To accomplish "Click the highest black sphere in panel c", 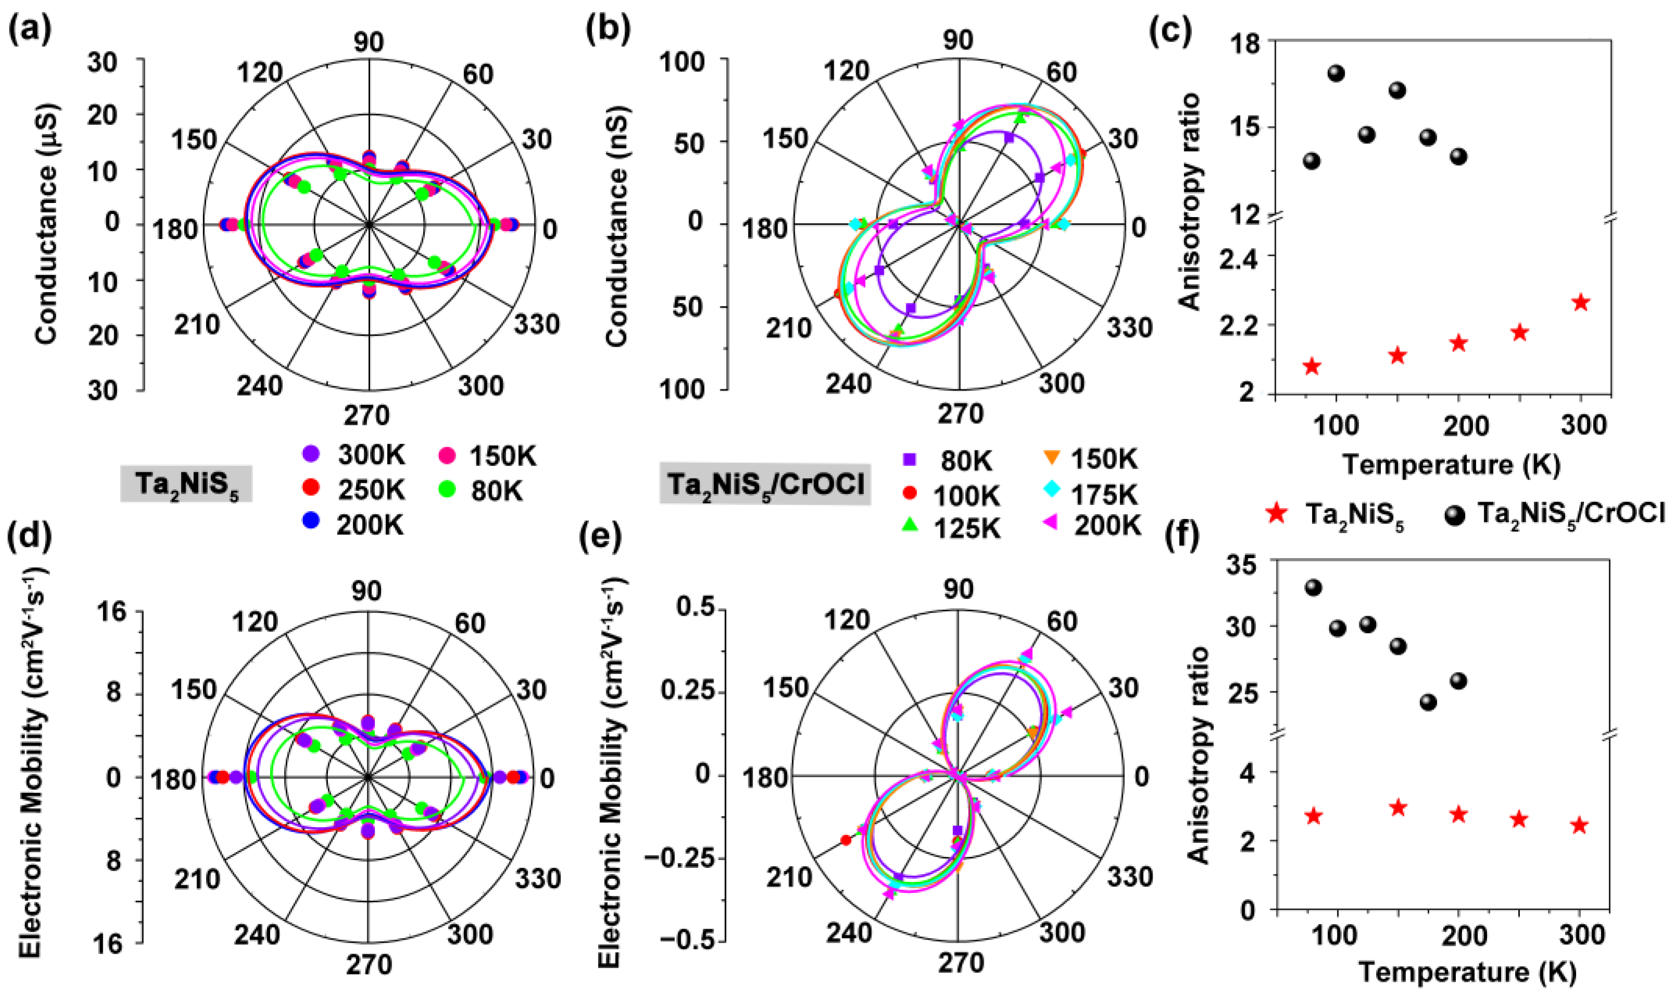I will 1336,73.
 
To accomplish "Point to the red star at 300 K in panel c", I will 1581,302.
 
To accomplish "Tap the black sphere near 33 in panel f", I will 1314,588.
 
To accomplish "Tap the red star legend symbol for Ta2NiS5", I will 1277,514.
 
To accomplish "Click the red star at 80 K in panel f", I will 1314,816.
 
